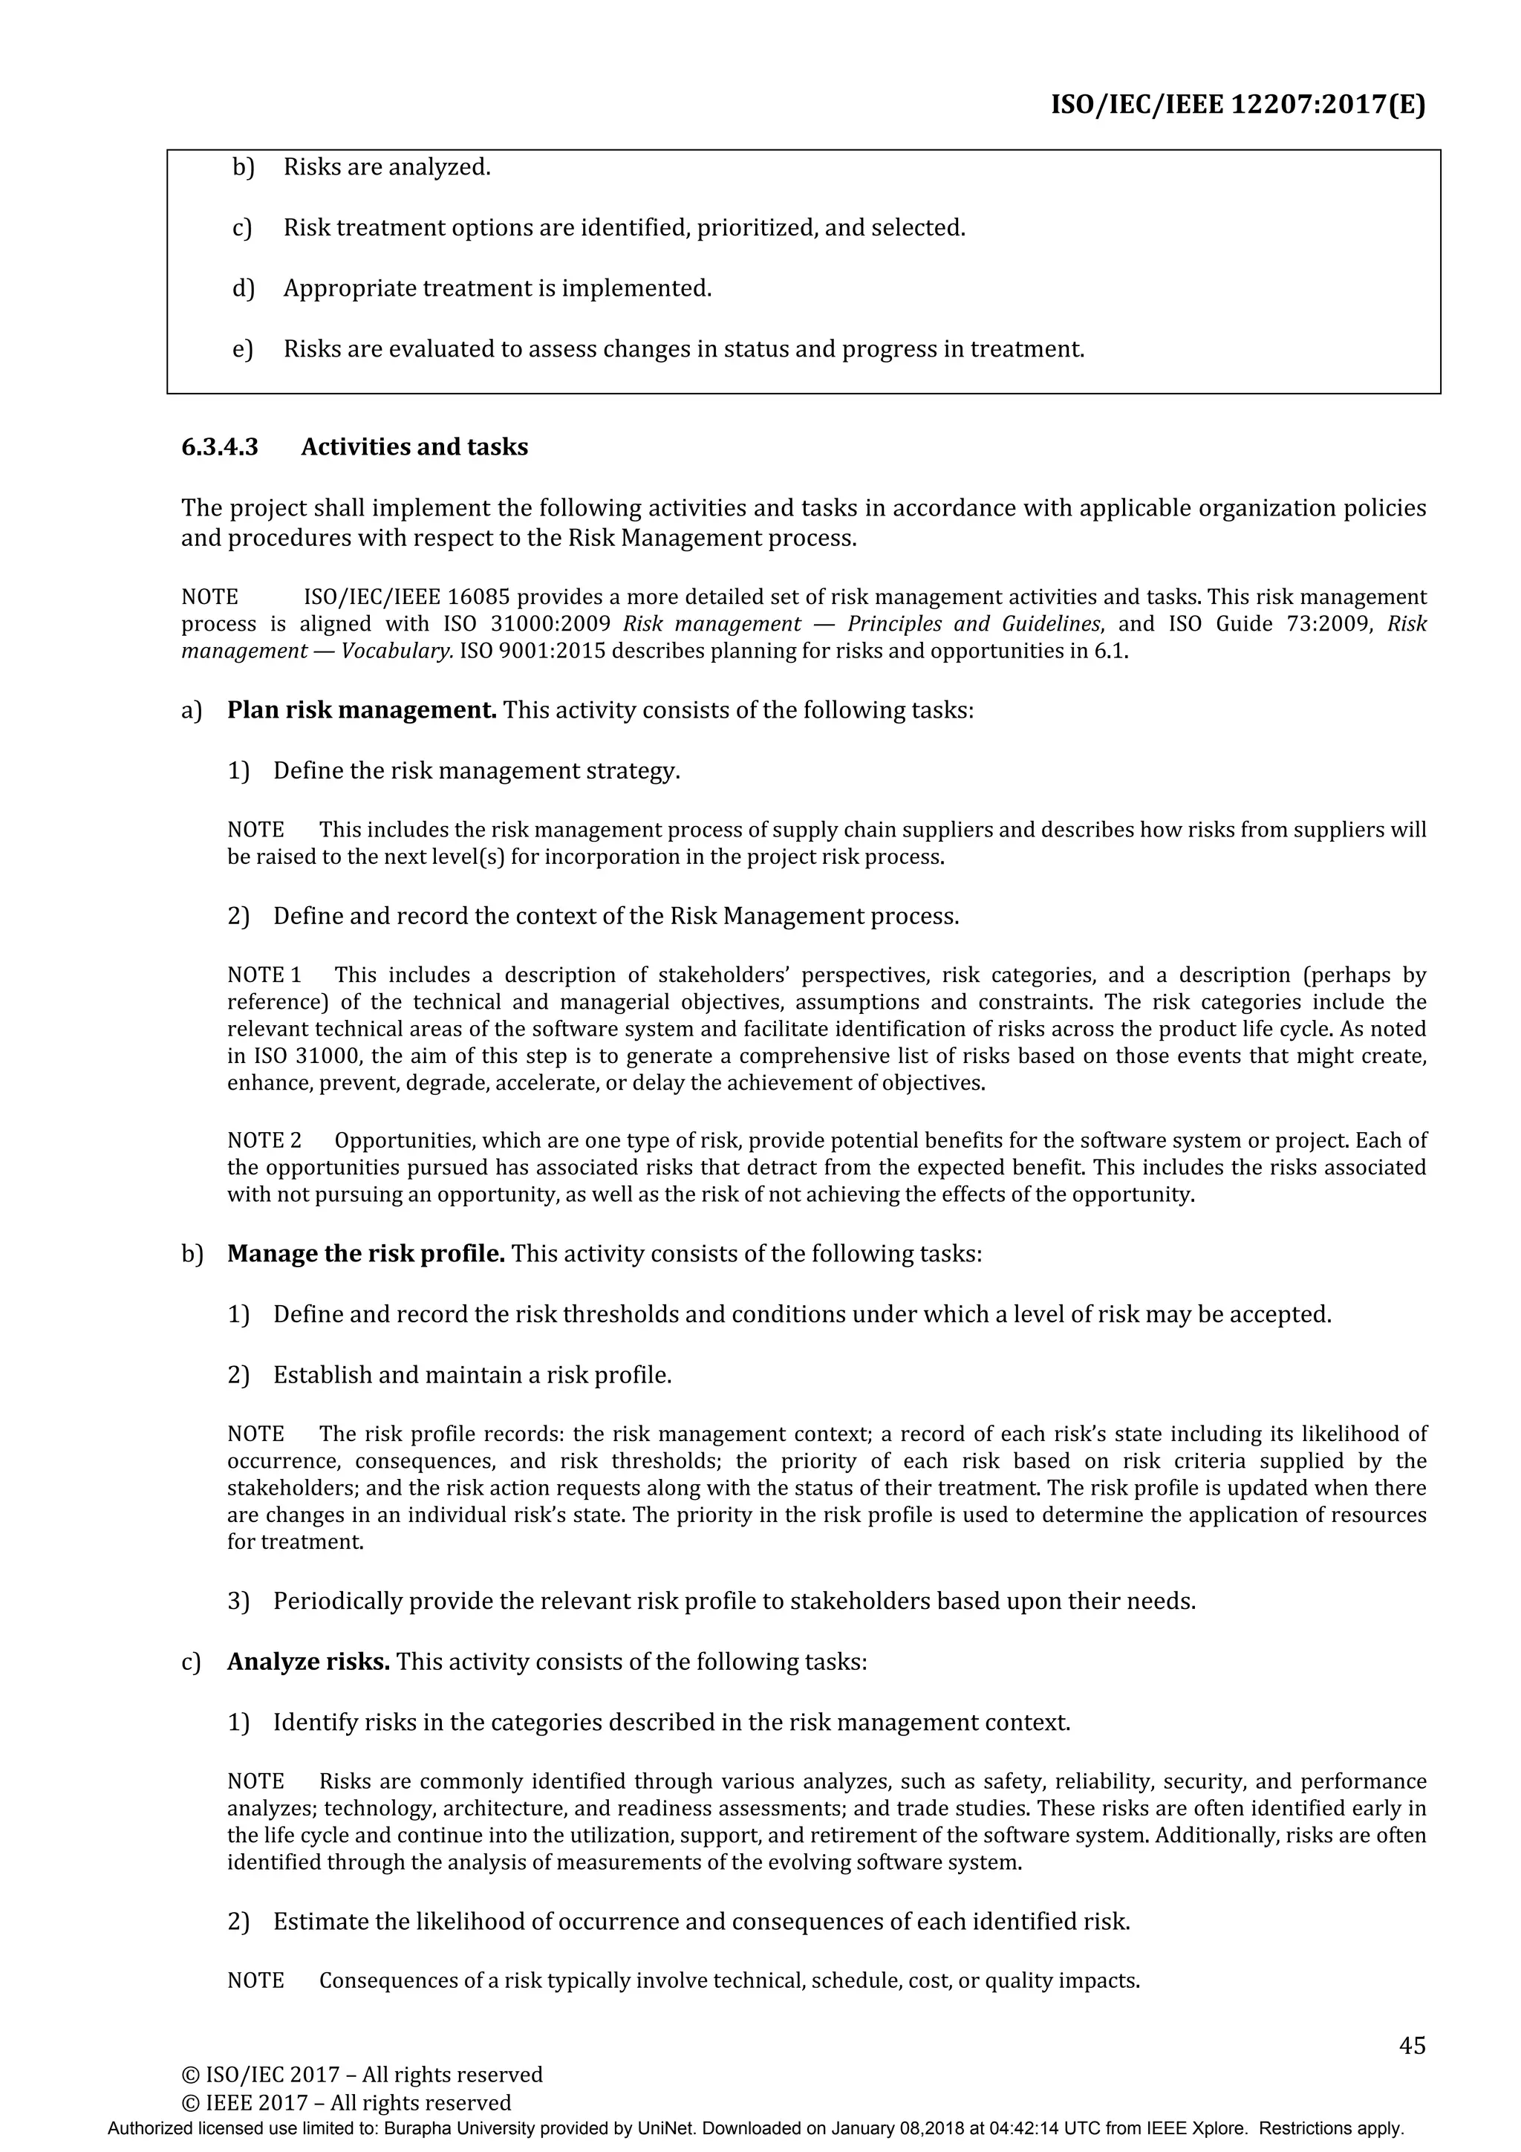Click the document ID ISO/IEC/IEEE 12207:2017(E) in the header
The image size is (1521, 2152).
coord(1237,104)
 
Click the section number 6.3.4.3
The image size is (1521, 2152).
coord(219,447)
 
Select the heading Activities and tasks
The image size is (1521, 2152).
coord(414,447)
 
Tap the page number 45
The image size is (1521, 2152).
coord(1411,2044)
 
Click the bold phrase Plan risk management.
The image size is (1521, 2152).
coord(362,709)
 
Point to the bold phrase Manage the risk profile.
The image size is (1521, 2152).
coord(365,1253)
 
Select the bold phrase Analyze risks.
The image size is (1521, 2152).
coord(308,1661)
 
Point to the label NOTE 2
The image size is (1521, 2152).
coord(264,1141)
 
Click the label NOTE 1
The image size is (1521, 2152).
coord(264,975)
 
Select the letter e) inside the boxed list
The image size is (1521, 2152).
coord(242,350)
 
